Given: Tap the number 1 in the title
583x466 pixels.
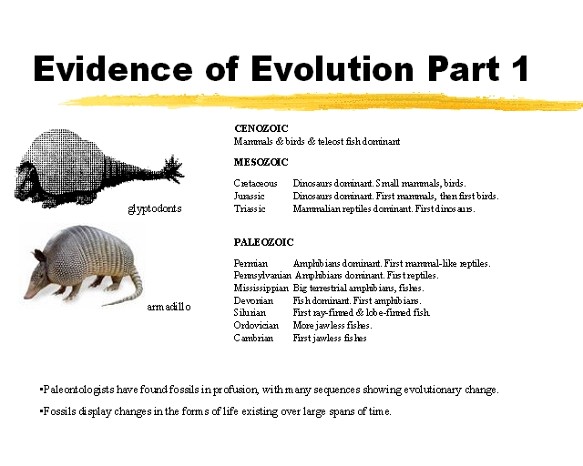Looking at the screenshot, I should point(517,68).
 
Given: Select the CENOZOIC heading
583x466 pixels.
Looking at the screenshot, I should point(261,128).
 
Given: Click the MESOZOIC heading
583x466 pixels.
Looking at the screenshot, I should point(261,162).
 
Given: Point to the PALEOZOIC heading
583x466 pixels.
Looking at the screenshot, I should point(264,242).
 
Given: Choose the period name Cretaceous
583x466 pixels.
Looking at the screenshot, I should point(255,183).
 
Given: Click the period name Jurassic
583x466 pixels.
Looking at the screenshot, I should point(250,196).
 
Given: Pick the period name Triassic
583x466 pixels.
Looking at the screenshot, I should point(250,208).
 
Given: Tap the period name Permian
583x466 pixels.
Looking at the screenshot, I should point(251,263).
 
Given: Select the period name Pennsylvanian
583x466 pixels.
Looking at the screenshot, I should point(262,275).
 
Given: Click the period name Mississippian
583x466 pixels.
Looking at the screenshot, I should point(261,288).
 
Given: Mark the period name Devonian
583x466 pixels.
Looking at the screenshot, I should point(252,300).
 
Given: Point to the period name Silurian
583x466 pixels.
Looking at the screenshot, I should point(250,312).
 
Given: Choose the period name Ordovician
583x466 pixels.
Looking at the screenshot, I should point(256,325).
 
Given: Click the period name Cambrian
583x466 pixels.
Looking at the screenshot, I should point(253,338).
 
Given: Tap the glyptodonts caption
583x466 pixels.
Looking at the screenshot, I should point(155,208).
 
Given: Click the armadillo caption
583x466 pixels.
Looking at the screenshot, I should point(169,307).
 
